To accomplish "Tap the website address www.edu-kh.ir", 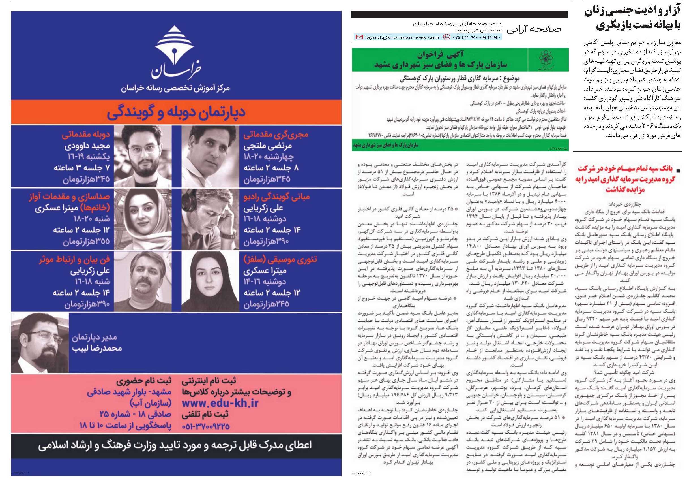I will (220, 403).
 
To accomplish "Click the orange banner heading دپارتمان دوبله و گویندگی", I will (176, 112).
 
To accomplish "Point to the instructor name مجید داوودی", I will (87, 146).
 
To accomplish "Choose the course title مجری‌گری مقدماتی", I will (276, 135).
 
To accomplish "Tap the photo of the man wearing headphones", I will (210, 219).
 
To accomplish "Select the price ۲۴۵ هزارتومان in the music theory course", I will (266, 304).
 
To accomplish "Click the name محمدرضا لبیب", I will (97, 349).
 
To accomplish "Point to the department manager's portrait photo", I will (40, 343).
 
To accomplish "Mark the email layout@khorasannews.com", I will (402, 37).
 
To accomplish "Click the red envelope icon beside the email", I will (358, 37).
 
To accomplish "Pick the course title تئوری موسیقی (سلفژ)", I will (280, 260).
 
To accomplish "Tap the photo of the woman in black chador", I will (210, 281).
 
